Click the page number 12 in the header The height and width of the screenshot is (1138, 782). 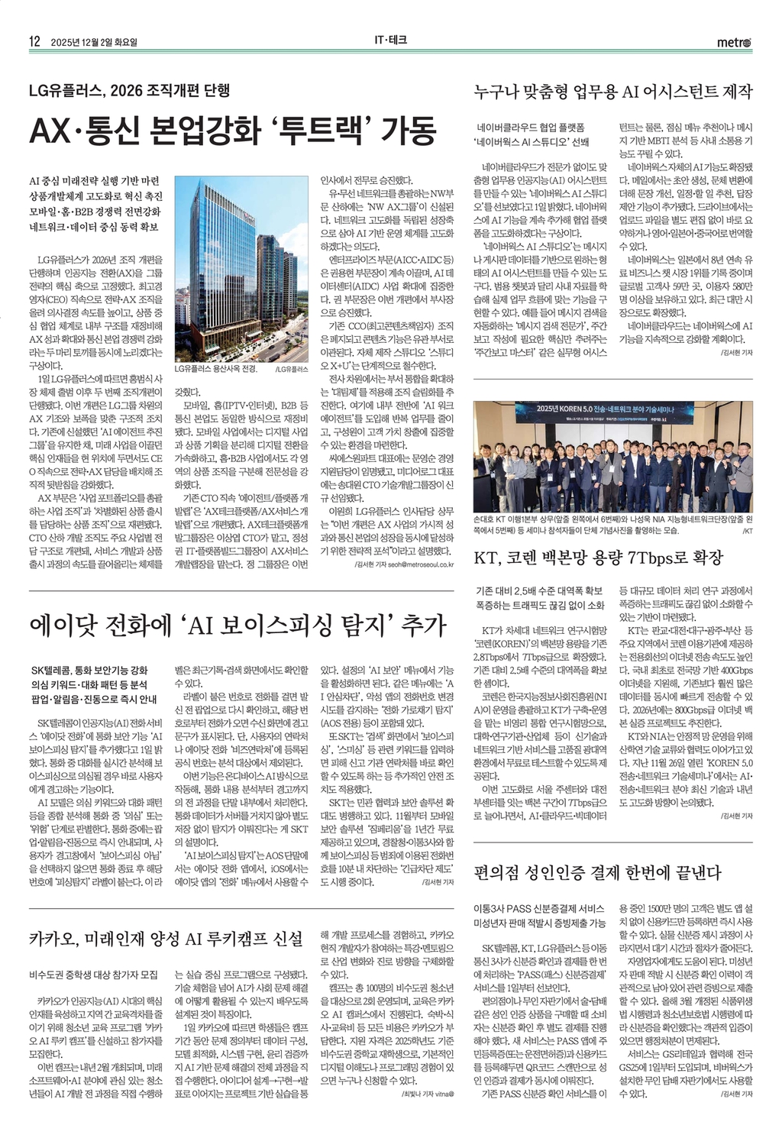coord(34,42)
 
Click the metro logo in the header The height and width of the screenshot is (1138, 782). coord(734,42)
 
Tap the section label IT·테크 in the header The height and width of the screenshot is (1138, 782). coord(390,41)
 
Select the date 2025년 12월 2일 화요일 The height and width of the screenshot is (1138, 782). coord(99,42)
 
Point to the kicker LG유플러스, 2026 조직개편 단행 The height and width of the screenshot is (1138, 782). coord(129,91)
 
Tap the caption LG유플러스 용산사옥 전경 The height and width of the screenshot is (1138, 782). coord(217,369)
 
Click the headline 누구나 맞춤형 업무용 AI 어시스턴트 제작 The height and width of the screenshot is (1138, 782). coord(613,92)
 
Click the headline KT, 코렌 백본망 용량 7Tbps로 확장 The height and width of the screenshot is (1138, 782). coord(598,558)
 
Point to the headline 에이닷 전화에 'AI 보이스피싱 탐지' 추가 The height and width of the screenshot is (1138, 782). coord(238,625)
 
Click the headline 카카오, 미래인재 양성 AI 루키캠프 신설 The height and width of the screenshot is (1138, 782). coord(166,938)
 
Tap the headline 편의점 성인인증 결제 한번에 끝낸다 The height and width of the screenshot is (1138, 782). coord(597,871)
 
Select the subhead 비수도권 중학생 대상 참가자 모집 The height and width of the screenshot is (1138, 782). coord(94,975)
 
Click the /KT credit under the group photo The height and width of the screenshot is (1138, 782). coord(748,531)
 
